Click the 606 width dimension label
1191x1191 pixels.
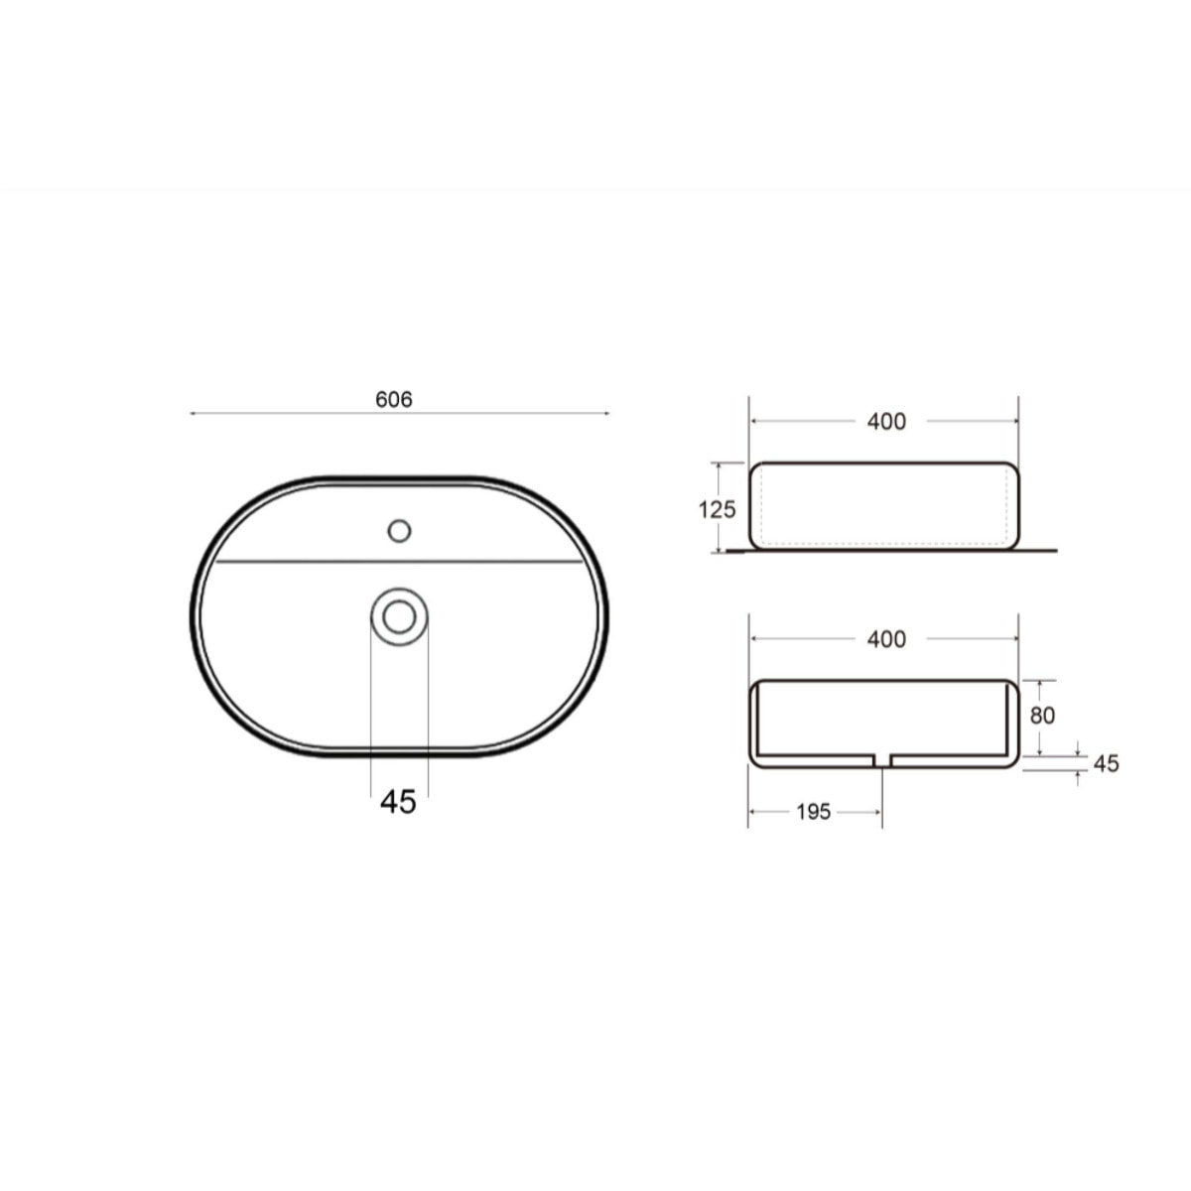pos(394,400)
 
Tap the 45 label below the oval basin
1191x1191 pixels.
pos(398,802)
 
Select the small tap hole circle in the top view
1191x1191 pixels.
pos(399,531)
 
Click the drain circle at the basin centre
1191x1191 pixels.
pos(399,616)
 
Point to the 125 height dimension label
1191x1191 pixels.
pos(717,510)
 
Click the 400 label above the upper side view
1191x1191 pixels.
pos(886,422)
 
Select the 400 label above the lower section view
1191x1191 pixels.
pos(886,639)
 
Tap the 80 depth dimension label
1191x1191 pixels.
pos(1042,716)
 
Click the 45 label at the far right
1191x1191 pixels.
pos(1106,764)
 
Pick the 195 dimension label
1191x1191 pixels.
pos(814,812)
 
